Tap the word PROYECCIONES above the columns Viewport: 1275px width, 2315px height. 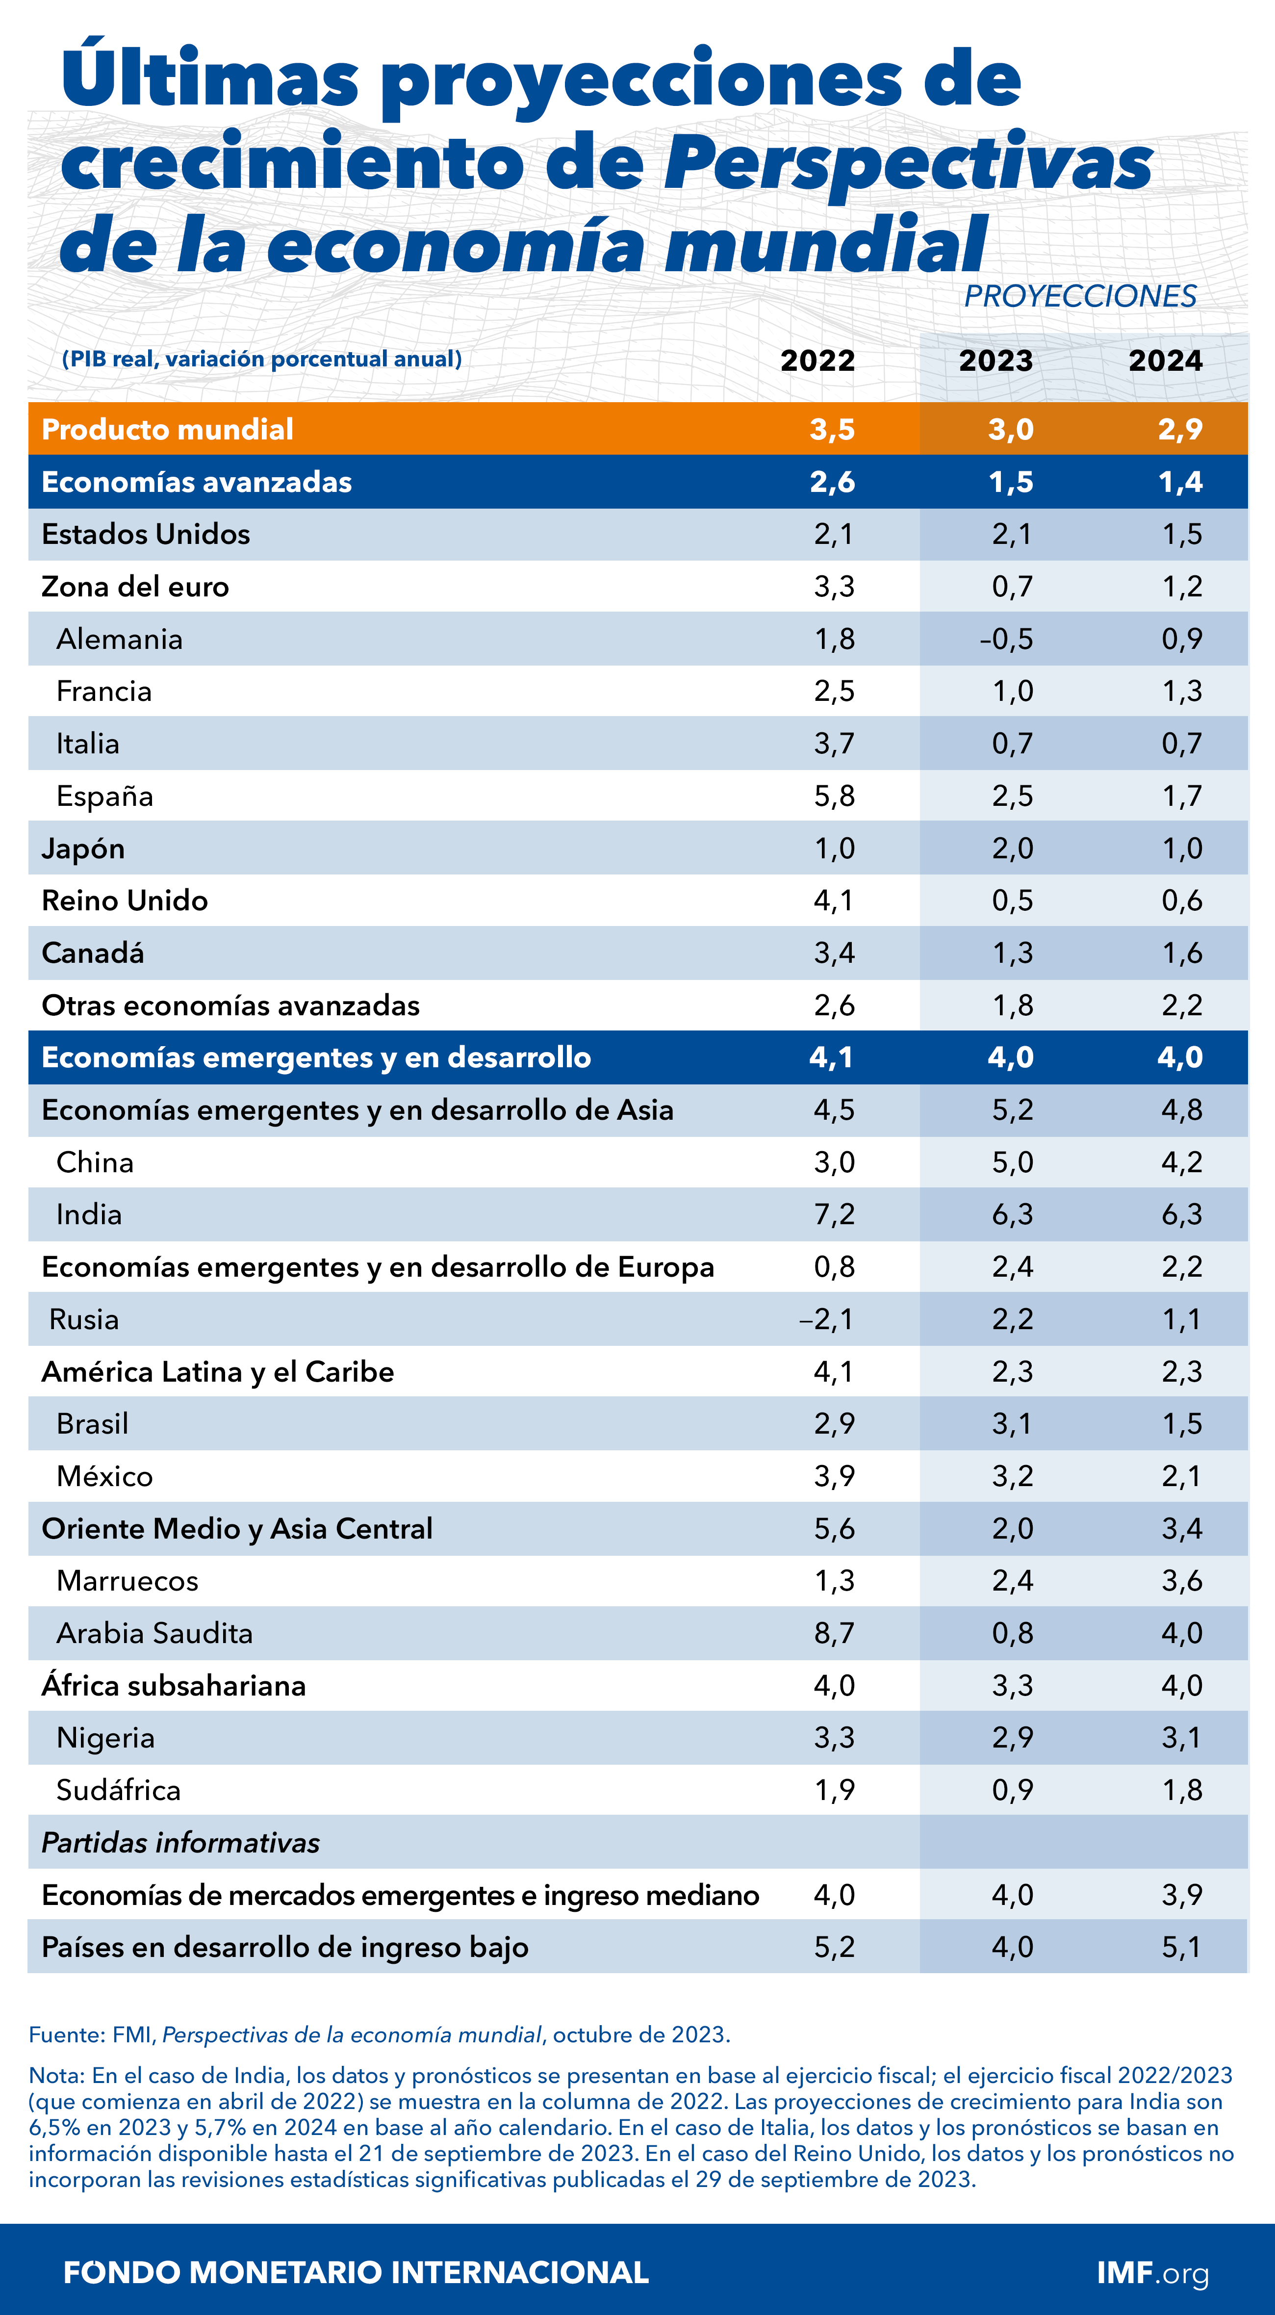pos(1080,296)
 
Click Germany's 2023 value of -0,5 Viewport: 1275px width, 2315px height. pos(1006,639)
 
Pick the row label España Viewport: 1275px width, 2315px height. pos(104,796)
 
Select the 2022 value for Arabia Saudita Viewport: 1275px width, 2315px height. pos(834,1633)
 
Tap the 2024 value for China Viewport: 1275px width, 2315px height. pos(1181,1162)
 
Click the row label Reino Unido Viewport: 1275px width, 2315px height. pos(125,900)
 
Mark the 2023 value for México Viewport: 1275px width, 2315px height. pos(1013,1476)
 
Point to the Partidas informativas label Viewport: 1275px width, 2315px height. pos(180,1842)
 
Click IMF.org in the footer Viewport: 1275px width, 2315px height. pos(1153,2273)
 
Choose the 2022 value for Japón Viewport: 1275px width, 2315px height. pos(834,849)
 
